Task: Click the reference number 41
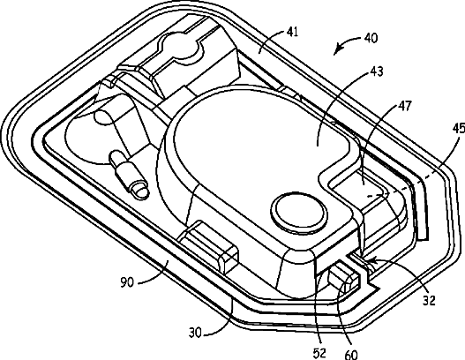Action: pos(292,32)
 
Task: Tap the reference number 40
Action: pos(371,38)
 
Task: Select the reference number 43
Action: pos(377,71)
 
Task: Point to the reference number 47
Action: pos(406,106)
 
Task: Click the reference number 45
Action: pos(460,128)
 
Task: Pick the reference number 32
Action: pos(429,301)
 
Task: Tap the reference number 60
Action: pos(351,354)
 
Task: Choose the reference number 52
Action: pos(319,353)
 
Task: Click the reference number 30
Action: pos(195,334)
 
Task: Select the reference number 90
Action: pos(127,282)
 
